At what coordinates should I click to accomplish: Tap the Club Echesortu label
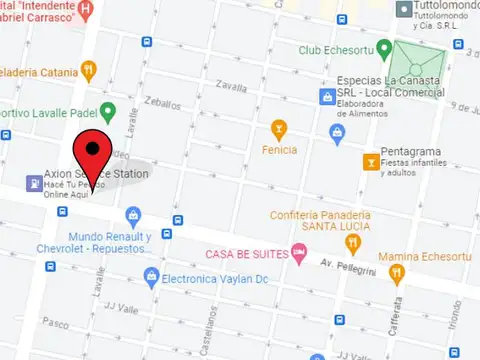[344, 50]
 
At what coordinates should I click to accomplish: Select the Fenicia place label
[278, 150]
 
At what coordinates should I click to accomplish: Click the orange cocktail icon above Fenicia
[278, 128]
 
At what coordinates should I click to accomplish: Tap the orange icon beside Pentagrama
[372, 161]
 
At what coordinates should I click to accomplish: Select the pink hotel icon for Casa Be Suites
[297, 252]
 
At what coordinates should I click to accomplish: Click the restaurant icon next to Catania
[89, 70]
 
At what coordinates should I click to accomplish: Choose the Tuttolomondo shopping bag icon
[403, 10]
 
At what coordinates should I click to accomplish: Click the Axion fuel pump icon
[34, 184]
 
